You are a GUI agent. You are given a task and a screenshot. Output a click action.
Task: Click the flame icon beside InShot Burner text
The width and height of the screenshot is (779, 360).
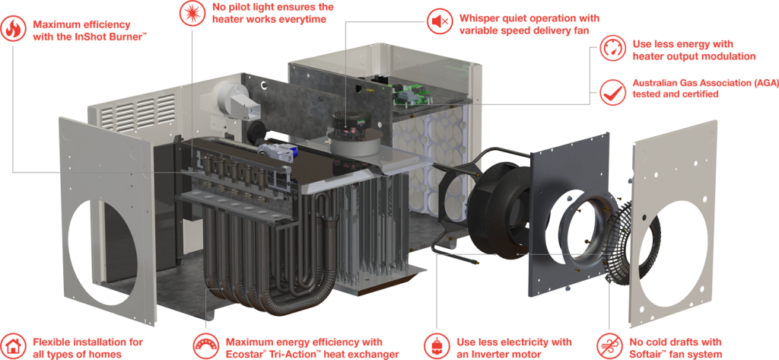(x=13, y=30)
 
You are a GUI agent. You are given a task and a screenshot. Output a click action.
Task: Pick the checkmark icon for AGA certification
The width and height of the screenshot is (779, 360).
(x=612, y=92)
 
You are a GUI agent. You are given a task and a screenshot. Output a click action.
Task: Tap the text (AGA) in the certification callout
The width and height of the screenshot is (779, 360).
(x=765, y=82)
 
